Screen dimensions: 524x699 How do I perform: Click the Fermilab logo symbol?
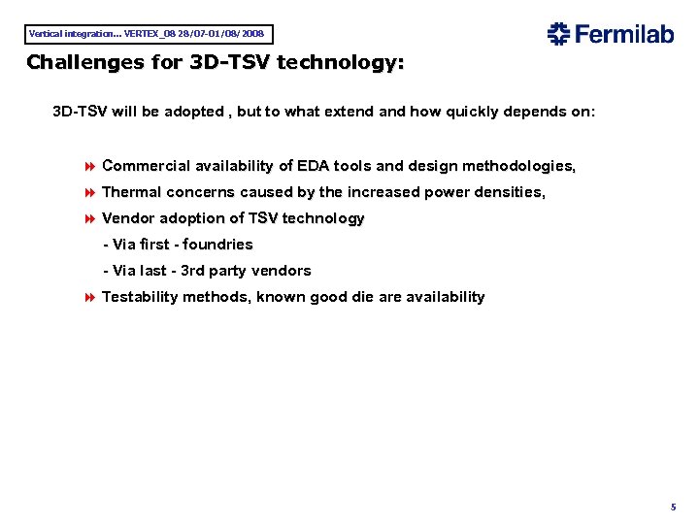click(558, 34)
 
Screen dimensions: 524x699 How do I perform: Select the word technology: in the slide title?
click(341, 63)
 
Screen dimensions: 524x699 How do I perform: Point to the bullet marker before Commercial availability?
click(91, 167)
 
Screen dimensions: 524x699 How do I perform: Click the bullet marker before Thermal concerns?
click(91, 193)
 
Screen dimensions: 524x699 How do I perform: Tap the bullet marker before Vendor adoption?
click(91, 219)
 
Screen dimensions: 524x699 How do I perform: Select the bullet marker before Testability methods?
click(91, 298)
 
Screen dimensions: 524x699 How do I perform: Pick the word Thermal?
click(131, 193)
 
